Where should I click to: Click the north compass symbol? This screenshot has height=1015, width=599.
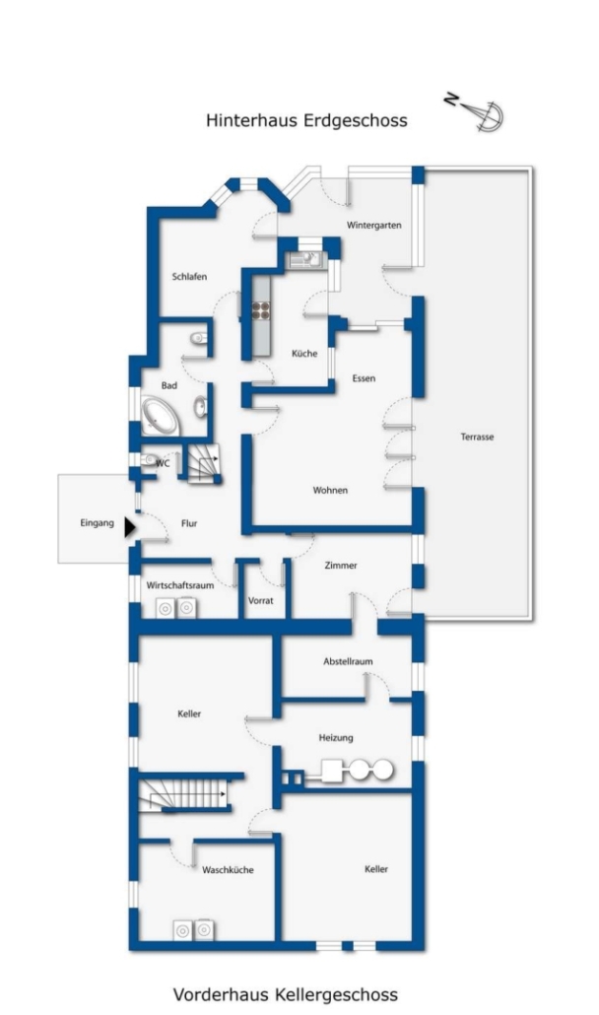[476, 112]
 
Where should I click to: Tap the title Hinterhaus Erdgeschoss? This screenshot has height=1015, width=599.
[306, 121]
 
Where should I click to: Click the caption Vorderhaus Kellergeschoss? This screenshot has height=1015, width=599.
[286, 994]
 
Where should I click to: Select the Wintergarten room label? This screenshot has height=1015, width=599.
[374, 226]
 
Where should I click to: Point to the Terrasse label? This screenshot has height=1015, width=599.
[478, 437]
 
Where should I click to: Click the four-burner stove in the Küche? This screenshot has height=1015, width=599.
[260, 310]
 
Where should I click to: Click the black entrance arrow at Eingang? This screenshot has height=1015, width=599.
[130, 527]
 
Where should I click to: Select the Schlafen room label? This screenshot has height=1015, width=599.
[189, 276]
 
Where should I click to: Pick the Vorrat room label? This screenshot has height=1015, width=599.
[261, 601]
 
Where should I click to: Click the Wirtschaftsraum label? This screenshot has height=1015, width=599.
[180, 585]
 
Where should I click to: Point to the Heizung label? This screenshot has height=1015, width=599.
[336, 738]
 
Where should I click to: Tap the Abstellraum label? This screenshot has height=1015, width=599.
[348, 661]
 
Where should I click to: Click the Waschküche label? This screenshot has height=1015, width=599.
[228, 870]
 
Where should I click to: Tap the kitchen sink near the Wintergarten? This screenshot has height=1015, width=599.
[304, 260]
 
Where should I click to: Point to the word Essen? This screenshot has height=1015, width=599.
[364, 378]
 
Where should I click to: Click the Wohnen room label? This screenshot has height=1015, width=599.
[330, 490]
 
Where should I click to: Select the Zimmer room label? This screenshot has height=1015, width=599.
[341, 565]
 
